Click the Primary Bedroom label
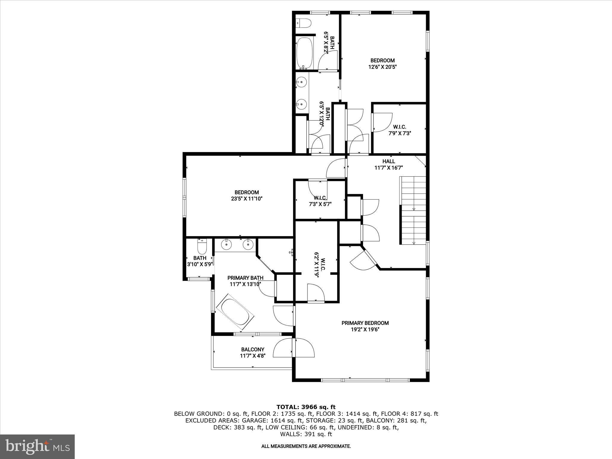(365, 323)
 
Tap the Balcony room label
(253, 349)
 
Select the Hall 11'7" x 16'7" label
(388, 165)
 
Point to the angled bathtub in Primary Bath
(235, 312)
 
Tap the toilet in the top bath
(304, 23)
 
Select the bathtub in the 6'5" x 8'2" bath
(305, 53)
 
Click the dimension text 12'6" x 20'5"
(382, 67)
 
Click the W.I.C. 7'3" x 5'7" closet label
(320, 201)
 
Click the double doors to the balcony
(294, 348)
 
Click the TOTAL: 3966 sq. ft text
(306, 407)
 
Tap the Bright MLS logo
(37, 447)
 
